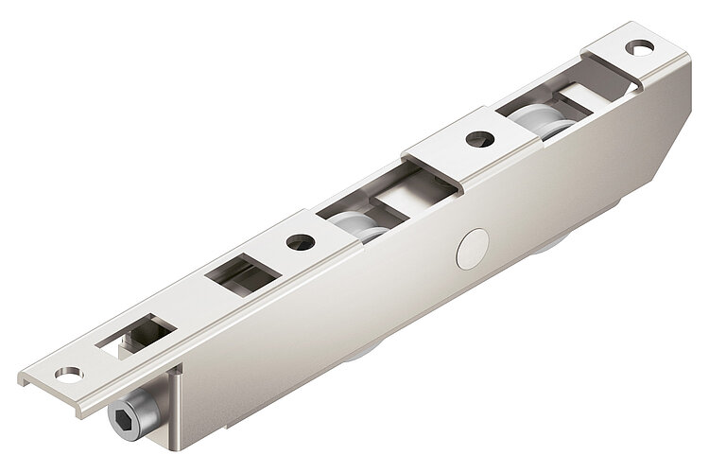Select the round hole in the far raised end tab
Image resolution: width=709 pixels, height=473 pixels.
[641, 45]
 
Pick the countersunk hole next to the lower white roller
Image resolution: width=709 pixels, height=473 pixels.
[301, 241]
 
